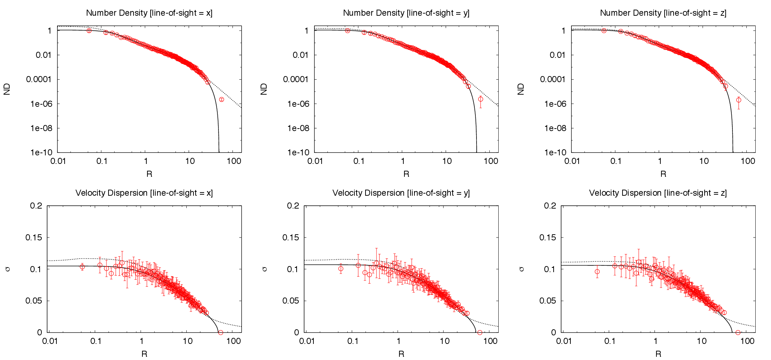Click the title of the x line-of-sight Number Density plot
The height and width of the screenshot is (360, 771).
149,13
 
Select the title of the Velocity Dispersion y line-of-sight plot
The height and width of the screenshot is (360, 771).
401,193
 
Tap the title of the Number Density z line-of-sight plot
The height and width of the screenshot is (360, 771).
663,13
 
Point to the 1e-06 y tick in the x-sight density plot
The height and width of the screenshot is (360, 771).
41,104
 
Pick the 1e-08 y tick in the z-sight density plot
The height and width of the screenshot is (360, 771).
555,128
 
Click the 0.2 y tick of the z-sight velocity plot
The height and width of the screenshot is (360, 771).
550,206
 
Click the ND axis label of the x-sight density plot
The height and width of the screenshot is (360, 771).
7,89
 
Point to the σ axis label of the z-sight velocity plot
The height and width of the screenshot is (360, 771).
521,269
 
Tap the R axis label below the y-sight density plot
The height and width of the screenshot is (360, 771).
406,174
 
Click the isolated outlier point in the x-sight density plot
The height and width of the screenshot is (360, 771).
221,100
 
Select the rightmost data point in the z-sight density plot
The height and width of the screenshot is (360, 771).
739,100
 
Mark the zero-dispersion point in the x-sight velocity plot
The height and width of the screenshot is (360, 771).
221,332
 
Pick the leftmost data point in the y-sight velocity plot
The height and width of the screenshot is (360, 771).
341,269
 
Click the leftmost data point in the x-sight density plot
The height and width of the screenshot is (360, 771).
89,31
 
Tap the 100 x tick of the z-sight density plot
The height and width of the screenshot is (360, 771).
748,161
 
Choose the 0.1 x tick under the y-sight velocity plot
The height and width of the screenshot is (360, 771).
353,341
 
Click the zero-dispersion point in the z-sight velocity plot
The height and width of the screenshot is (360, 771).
738,332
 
